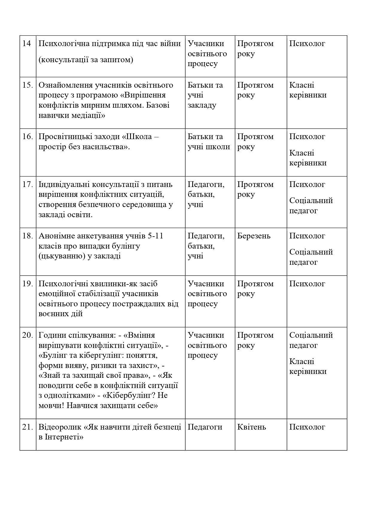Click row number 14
click(27, 44)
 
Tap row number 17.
click(28, 184)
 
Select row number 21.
click(28, 427)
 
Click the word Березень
click(254, 236)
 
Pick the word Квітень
click(251, 427)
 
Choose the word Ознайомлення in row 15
click(65, 85)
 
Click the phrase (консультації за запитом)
click(86, 60)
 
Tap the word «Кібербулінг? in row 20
click(130, 395)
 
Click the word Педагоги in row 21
click(205, 427)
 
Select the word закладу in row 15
click(202, 105)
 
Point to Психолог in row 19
click(307, 284)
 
